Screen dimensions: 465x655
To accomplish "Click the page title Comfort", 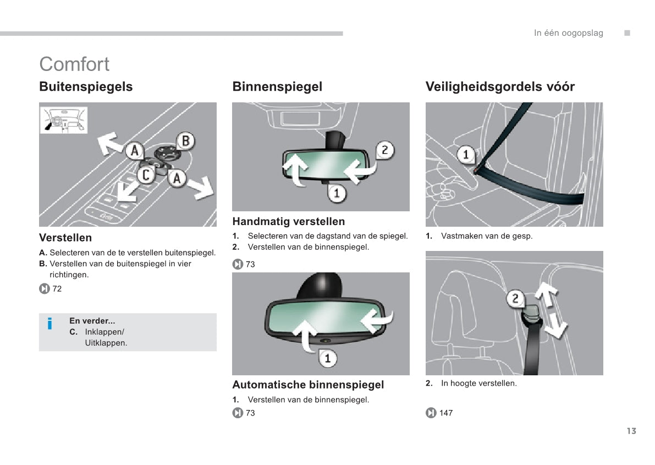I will [74, 64].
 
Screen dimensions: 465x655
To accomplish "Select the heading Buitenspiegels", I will [86, 87].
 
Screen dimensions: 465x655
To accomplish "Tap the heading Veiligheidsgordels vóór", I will [500, 87].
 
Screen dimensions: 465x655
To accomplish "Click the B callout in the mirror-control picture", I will [185, 141].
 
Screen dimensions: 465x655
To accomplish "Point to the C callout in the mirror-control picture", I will [146, 176].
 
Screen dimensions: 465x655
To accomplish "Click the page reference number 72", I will [57, 289].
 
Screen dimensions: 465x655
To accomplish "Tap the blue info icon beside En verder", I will [50, 324].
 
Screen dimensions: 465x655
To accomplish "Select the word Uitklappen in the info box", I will [106, 343].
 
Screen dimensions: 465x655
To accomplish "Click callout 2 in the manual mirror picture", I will [384, 150].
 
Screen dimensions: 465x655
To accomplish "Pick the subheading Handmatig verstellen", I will [288, 222].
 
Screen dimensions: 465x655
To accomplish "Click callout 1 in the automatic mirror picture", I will [328, 358].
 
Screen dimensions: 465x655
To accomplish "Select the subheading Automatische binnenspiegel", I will [308, 385].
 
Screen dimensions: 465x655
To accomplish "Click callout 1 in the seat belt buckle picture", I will [466, 155].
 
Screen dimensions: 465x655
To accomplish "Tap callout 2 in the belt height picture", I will [515, 299].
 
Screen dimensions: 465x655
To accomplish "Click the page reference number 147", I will [446, 413].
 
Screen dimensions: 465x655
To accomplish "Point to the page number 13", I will [631, 431].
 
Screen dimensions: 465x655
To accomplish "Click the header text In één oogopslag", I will [568, 33].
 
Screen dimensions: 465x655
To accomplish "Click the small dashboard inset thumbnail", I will [64, 120].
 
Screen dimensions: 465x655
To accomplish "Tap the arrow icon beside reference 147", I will [431, 413].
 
